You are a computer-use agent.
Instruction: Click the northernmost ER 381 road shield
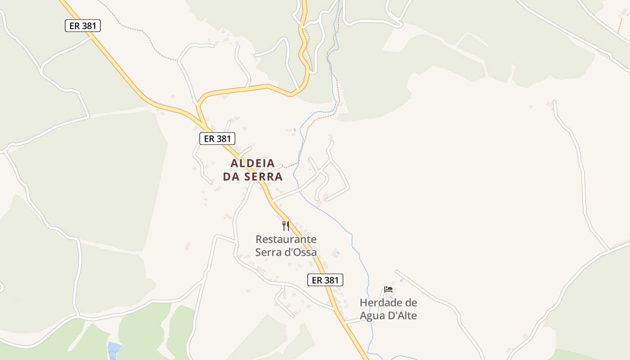click(x=82, y=26)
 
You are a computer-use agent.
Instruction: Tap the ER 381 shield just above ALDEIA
click(x=217, y=138)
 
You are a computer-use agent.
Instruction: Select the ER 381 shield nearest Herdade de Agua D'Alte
click(x=325, y=280)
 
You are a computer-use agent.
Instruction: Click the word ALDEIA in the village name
click(x=252, y=163)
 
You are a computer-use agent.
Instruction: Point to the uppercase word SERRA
click(x=264, y=177)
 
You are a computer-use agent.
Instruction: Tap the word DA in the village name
click(x=232, y=177)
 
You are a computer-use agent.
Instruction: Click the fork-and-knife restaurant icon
click(x=286, y=225)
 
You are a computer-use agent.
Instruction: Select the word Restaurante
click(x=286, y=239)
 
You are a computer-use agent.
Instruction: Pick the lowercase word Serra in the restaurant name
click(x=268, y=252)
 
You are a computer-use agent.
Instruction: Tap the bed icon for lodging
click(x=388, y=289)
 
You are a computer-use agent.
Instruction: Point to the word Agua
click(x=373, y=315)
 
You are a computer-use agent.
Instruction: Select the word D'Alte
click(x=403, y=315)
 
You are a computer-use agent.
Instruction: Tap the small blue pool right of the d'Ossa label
click(x=337, y=253)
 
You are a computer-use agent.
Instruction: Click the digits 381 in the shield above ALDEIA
click(x=224, y=138)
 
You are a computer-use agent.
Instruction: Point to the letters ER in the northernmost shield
click(x=75, y=26)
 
